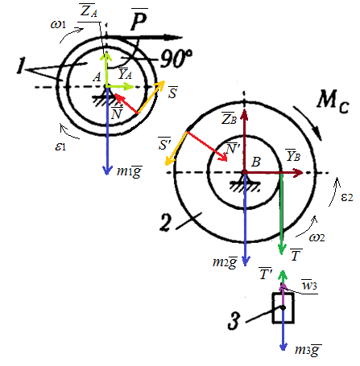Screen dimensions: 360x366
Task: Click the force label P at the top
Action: point(139,19)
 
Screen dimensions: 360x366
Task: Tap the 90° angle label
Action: point(176,59)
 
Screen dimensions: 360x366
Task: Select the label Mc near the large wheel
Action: point(333,101)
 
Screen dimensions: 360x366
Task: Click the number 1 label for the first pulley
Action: point(20,66)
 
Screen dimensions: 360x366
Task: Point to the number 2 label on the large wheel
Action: point(165,222)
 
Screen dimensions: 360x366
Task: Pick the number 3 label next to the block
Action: point(234,320)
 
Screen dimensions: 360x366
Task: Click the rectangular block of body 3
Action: point(283,307)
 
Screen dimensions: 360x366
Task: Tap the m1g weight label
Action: point(129,171)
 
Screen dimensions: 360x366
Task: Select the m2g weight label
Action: point(225,262)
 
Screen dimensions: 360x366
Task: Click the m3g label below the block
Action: point(308,350)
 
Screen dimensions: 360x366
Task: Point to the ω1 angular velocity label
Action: point(58,24)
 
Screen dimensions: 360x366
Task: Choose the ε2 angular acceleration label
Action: point(347,197)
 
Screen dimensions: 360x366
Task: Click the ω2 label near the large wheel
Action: point(317,237)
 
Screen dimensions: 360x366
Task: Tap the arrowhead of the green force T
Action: point(281,250)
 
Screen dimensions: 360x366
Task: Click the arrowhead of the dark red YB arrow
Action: point(298,173)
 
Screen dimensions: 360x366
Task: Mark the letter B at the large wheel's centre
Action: point(256,162)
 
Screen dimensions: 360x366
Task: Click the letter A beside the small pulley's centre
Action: point(97,77)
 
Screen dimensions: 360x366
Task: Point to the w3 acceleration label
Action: point(309,285)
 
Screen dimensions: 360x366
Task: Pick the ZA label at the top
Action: point(89,11)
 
